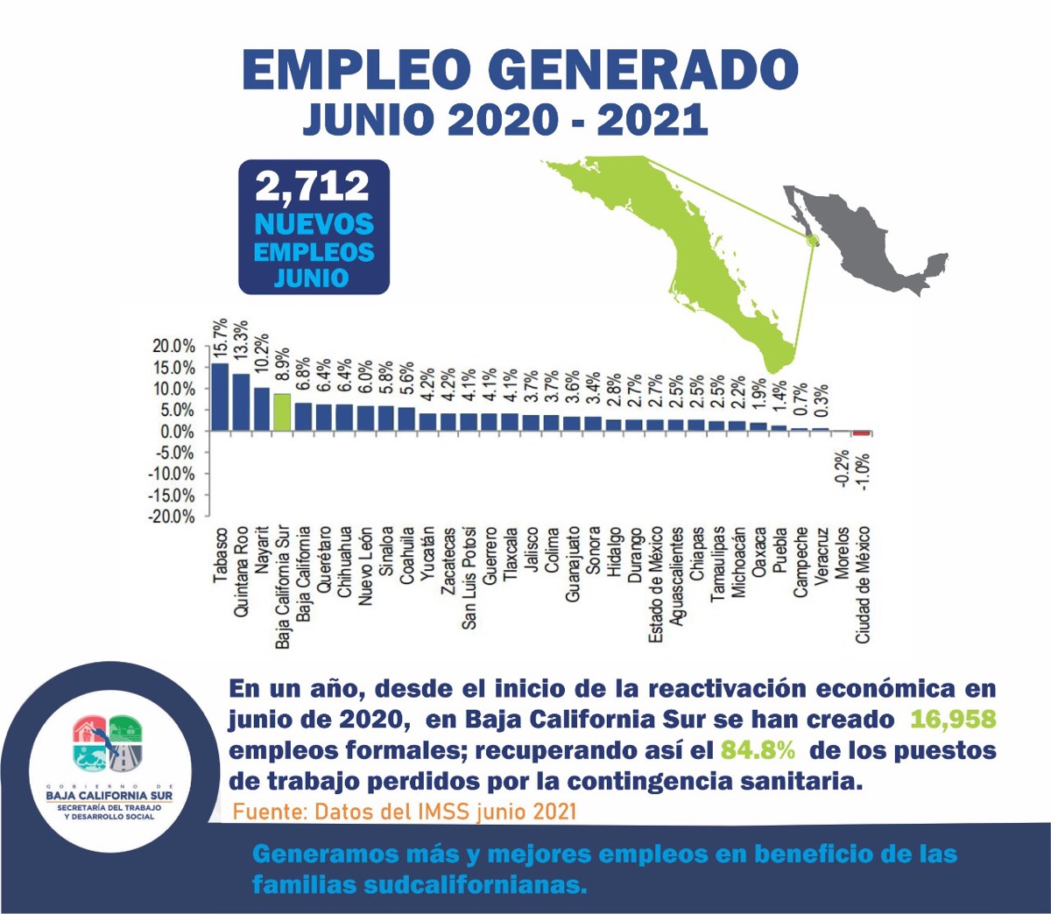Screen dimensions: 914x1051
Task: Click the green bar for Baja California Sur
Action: [281, 412]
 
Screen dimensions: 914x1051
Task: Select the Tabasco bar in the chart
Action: [219, 397]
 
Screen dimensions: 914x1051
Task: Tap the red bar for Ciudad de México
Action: [863, 433]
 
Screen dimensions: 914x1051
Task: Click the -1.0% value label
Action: [864, 471]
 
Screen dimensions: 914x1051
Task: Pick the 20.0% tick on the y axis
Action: [174, 346]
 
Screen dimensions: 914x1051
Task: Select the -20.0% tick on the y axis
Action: [173, 517]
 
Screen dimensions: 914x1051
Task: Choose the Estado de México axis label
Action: [656, 586]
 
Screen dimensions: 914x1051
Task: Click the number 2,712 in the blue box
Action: [313, 186]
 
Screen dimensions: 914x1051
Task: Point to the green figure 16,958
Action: [953, 720]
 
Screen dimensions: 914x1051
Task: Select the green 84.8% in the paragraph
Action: [758, 750]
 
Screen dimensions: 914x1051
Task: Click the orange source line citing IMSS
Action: [405, 811]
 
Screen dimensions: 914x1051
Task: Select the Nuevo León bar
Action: [364, 418]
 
